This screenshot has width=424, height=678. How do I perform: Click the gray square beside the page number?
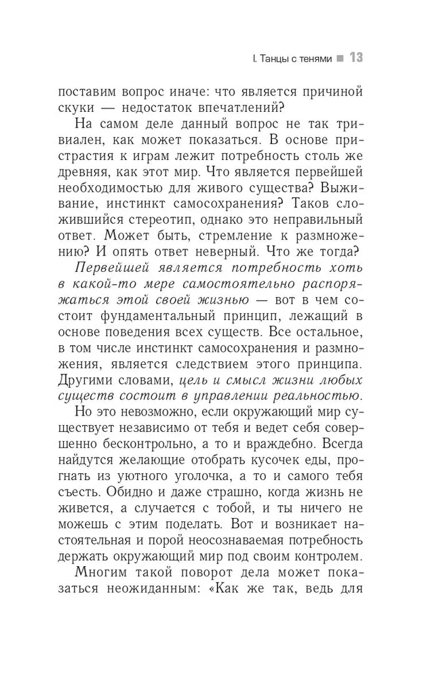tap(341, 59)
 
